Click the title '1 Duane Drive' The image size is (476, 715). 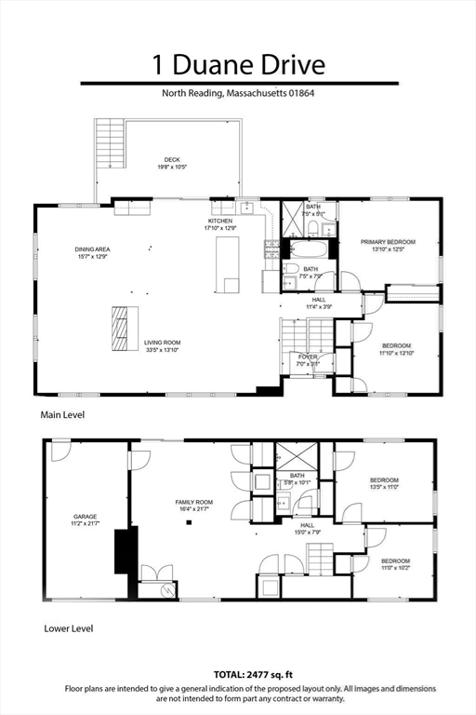pyautogui.click(x=239, y=64)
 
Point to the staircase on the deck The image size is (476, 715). pyautogui.click(x=111, y=143)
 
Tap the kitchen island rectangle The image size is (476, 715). pyautogui.click(x=227, y=263)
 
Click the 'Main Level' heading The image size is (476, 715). pyautogui.click(x=61, y=414)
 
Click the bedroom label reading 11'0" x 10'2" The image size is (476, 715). pyautogui.click(x=394, y=563)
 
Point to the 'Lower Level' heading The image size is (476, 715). pyautogui.click(x=68, y=628)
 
